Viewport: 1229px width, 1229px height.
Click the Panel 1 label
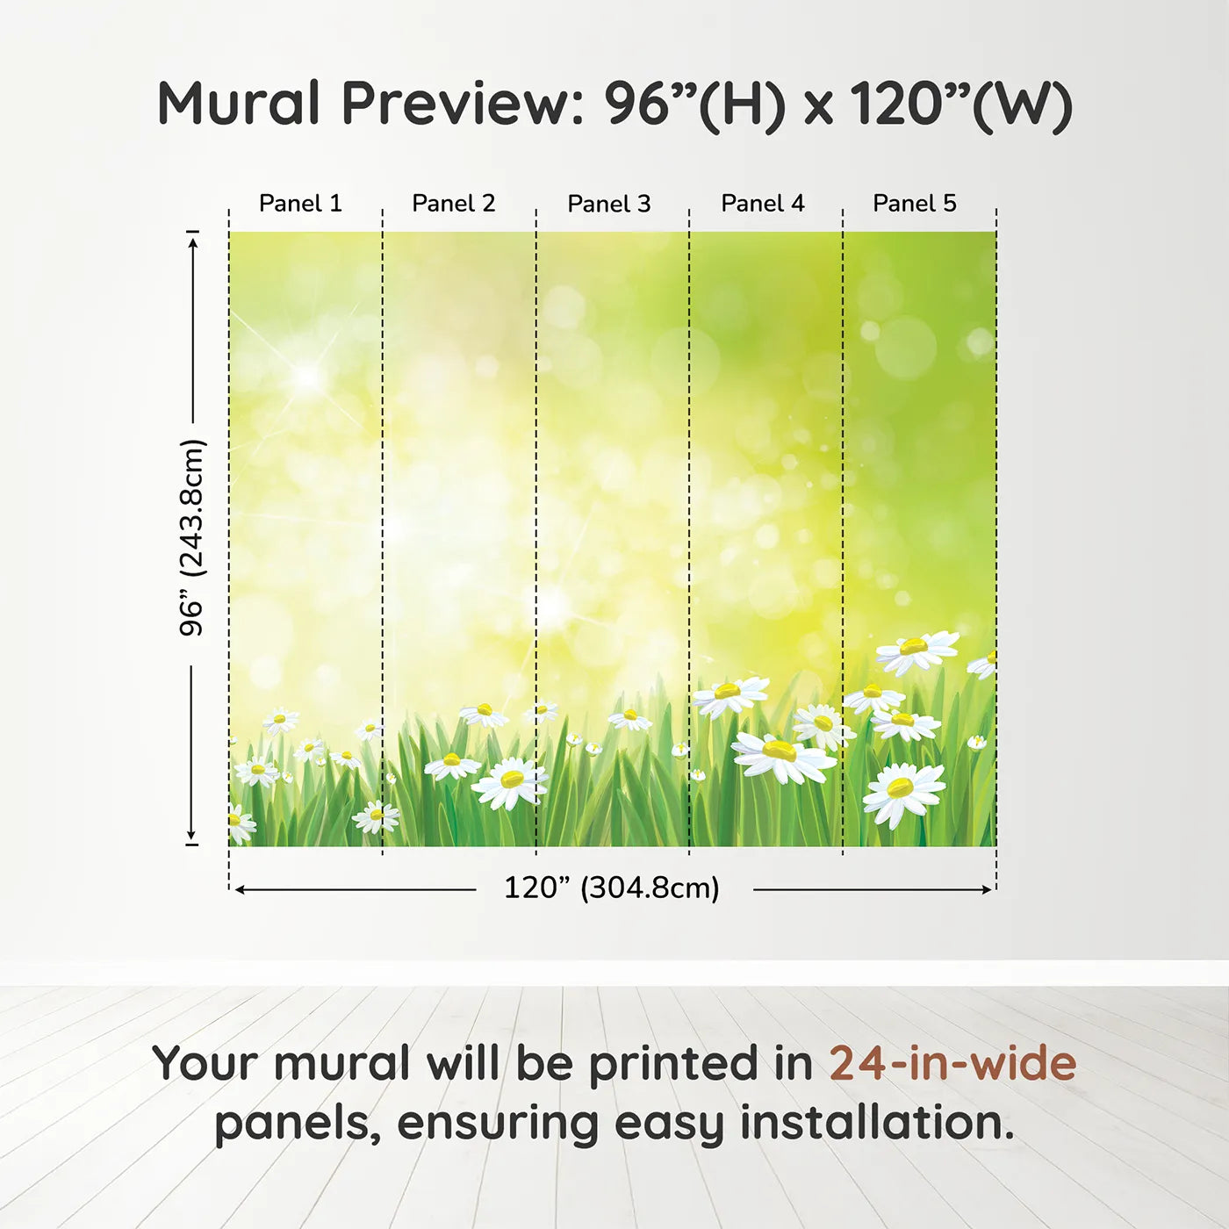300,204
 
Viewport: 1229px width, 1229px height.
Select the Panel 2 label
454,204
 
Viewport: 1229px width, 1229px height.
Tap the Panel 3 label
609,204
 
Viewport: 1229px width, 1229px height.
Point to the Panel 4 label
763,204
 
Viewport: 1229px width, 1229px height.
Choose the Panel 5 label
915,204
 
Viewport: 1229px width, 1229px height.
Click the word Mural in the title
239,104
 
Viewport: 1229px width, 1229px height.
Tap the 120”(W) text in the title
961,105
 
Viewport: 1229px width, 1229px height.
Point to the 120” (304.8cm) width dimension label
612,888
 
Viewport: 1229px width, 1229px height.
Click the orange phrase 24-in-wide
952,1063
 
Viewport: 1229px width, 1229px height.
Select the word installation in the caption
877,1123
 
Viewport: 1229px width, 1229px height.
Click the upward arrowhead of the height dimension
192,241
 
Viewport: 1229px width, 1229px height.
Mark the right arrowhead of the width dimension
987,889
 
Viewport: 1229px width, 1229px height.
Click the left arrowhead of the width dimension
241,889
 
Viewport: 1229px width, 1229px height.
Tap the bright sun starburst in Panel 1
306,377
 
